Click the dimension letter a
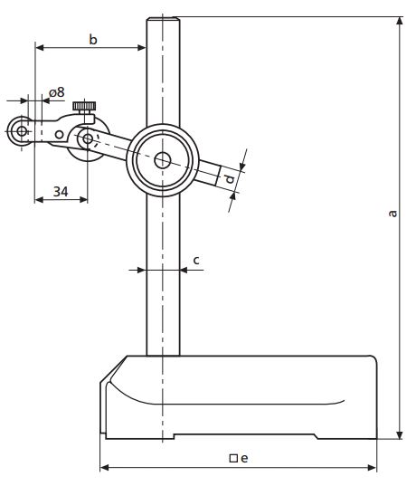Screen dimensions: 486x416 pyautogui.click(x=392, y=214)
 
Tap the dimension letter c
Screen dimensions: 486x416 pyautogui.click(x=195, y=260)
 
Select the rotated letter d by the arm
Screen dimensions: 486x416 pyautogui.click(x=231, y=180)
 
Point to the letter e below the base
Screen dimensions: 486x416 pyautogui.click(x=244, y=457)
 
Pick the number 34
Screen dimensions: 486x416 pyautogui.click(x=61, y=191)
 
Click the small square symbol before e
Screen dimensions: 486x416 pyautogui.click(x=232, y=458)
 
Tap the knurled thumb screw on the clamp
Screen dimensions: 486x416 pyautogui.click(x=86, y=109)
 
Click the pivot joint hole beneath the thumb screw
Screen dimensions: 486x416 pyautogui.click(x=87, y=138)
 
